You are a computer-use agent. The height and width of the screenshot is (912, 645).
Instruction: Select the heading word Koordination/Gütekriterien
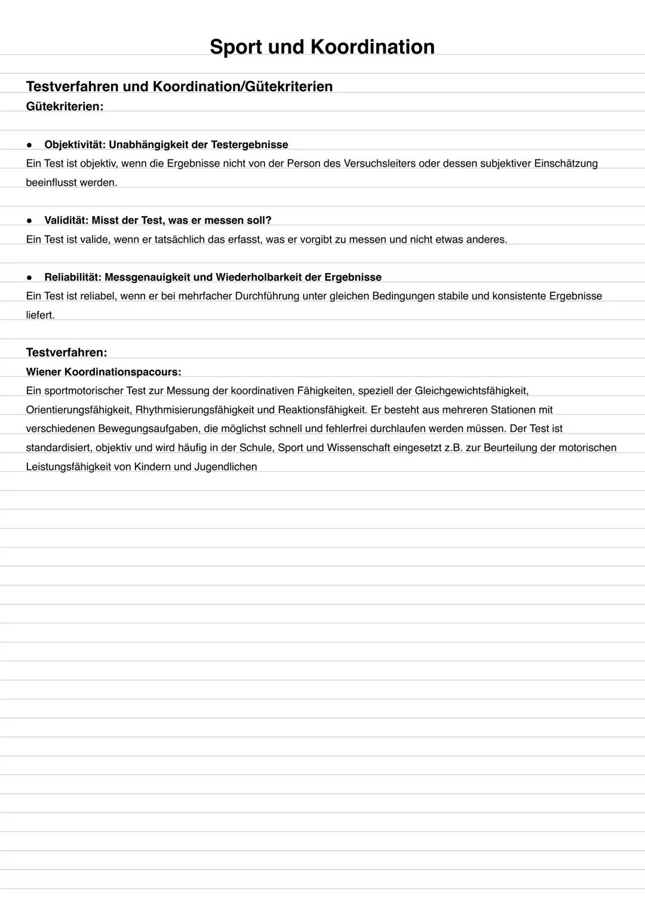[x=242, y=87]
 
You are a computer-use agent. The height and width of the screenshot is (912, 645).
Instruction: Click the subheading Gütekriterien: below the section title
[x=64, y=106]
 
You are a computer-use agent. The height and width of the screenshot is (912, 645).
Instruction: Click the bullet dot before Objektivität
[x=29, y=145]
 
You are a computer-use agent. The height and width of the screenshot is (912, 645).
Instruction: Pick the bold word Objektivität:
[x=75, y=145]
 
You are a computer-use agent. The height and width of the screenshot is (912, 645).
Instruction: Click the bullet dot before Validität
[x=29, y=220]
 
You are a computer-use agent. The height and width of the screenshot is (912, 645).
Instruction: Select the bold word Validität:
[x=66, y=220]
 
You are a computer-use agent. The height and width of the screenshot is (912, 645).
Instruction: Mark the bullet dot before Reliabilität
[x=29, y=277]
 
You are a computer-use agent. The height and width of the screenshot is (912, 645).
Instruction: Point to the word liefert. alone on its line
[x=40, y=315]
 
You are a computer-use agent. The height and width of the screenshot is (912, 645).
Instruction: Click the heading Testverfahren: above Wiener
[x=66, y=352]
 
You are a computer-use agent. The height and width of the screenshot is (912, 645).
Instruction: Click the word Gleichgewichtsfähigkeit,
[x=471, y=391]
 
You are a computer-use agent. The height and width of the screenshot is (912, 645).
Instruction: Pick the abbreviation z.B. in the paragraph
[x=453, y=447]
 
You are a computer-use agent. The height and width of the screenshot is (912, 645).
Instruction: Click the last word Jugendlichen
[x=226, y=466]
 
